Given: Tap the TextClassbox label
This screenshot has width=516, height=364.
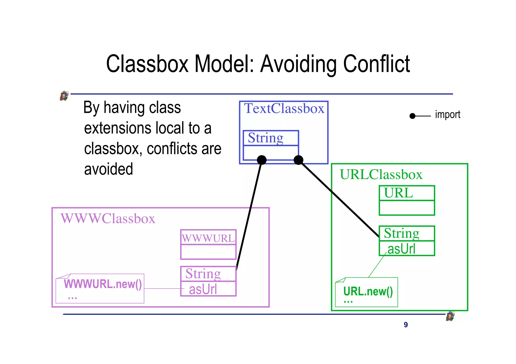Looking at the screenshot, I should point(284,109).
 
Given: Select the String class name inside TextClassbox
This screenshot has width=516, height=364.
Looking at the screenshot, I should point(266,138).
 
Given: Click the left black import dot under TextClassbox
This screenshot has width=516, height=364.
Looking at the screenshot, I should point(262,160).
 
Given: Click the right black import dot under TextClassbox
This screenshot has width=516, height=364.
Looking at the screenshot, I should point(299,160).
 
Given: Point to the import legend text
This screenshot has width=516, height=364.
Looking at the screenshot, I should point(447,115).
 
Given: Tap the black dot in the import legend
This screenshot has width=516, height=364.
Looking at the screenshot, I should point(412,116).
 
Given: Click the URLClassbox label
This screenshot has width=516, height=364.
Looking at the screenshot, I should point(381,175).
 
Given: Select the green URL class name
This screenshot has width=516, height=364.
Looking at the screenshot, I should point(398,193).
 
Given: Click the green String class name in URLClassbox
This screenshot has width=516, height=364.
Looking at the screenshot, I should point(401,233).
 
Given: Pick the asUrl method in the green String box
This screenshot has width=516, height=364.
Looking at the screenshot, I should point(401,249).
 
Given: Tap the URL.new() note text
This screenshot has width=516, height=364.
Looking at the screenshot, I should point(368,292).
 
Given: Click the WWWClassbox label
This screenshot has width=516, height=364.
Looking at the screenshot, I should point(108,219).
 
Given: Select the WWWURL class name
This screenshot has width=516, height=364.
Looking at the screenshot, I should point(208,238).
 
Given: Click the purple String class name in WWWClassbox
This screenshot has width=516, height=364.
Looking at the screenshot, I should point(203,274).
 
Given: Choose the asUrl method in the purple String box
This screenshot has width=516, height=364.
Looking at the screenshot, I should point(203,289).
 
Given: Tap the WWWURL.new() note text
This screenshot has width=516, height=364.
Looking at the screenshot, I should point(103,284).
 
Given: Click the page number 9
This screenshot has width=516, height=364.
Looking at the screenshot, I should point(406,325).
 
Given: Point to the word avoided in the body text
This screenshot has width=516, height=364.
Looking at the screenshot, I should point(109,169).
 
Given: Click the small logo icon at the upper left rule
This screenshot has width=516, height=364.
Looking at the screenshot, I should point(64,96).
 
